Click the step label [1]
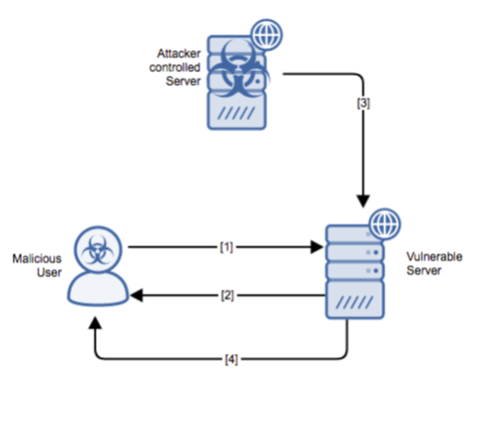226,247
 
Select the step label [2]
227,296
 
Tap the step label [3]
363,103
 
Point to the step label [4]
231,359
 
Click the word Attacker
179,53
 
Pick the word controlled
175,67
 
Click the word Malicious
37,259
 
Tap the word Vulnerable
435,257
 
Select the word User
49,273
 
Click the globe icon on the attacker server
267,35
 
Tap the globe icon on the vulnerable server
385,224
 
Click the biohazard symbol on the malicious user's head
98,250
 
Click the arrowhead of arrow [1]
317,247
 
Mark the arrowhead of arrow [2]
136,296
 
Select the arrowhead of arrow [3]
363,202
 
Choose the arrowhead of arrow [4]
96,323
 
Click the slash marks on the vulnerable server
355,302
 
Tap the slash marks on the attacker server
236,114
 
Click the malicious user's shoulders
98,290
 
